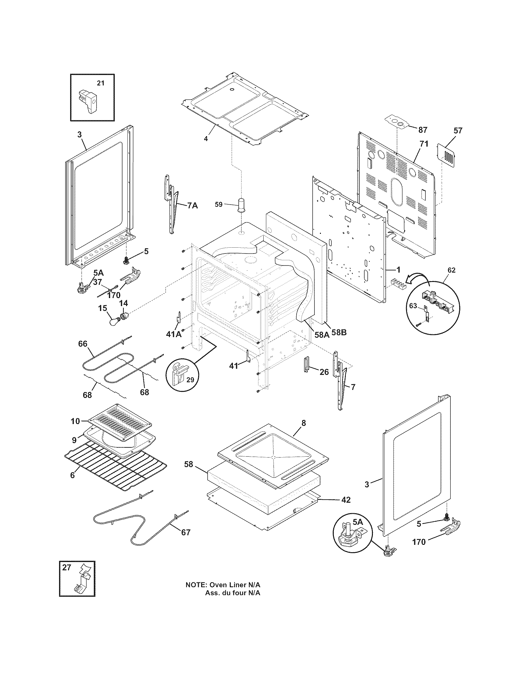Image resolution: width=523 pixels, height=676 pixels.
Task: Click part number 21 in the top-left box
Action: [101, 83]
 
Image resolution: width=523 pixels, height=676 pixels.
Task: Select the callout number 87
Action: [423, 130]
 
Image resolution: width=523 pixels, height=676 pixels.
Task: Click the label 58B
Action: [339, 333]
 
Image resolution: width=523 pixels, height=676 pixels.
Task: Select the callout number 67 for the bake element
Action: [186, 533]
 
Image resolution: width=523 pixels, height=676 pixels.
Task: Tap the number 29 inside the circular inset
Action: [190, 379]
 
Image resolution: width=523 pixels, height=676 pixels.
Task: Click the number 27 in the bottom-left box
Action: [67, 567]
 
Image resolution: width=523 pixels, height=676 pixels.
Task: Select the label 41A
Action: [174, 334]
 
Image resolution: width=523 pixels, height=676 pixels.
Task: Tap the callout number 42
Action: [346, 500]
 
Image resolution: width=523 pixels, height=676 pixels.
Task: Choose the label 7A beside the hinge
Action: [192, 205]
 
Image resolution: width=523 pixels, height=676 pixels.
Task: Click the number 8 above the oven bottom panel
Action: [303, 423]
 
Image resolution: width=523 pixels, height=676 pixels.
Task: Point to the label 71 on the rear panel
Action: [424, 143]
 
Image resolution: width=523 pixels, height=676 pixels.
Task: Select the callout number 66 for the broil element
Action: [83, 344]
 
